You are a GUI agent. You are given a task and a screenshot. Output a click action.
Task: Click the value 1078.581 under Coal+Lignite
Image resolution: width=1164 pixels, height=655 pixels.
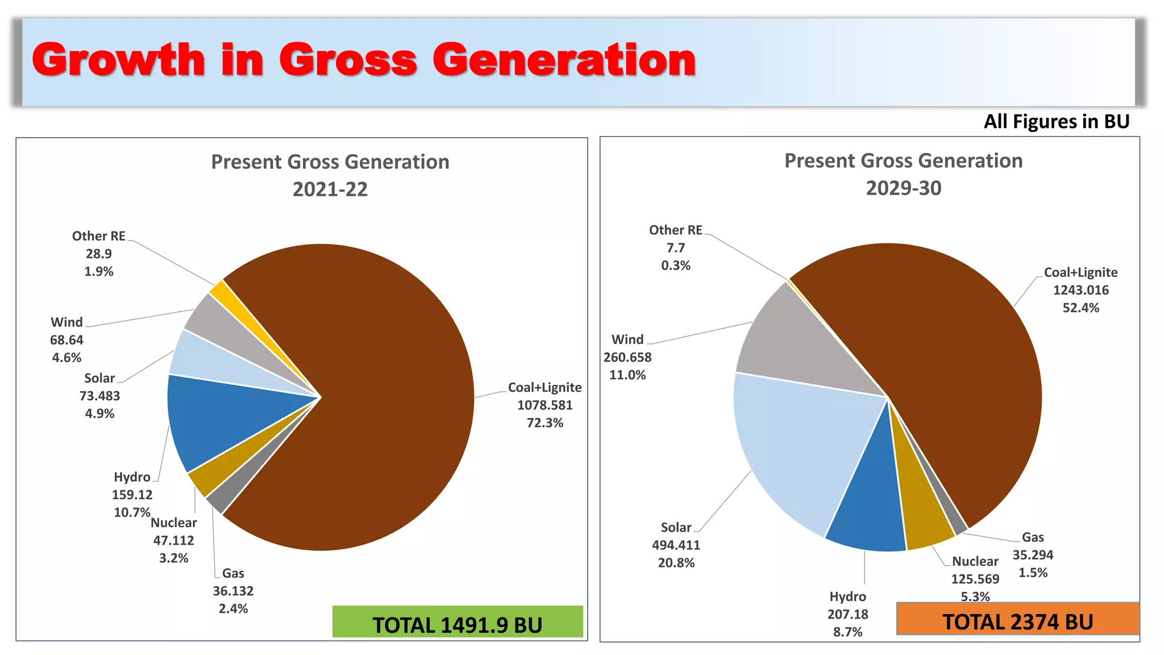coord(544,405)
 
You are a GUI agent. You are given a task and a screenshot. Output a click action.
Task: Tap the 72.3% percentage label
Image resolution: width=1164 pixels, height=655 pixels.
coord(544,423)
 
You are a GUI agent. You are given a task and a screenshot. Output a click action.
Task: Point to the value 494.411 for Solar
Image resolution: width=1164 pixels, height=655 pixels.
coord(676,545)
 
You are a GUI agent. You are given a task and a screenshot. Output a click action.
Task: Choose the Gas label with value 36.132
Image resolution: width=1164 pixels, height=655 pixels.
coord(233,574)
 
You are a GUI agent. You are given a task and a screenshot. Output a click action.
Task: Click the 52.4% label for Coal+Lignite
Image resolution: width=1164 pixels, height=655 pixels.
coord(1080,308)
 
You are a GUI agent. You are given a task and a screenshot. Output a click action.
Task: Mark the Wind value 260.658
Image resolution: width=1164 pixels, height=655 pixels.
coord(627,358)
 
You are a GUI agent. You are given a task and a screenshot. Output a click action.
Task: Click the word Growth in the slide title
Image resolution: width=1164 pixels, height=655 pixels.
coord(118,60)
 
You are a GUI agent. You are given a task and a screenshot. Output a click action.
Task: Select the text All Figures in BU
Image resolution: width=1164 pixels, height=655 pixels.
coord(1056,122)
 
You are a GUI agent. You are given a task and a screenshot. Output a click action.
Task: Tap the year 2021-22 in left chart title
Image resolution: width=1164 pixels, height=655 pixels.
coord(330,189)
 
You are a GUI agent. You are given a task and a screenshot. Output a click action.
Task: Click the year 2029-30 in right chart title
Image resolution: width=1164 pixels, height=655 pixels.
coord(903,188)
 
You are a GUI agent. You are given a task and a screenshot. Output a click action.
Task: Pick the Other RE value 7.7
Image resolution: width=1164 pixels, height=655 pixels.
coord(675,248)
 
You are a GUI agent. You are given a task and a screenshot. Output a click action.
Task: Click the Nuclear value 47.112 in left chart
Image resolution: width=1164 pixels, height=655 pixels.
coord(173,541)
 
